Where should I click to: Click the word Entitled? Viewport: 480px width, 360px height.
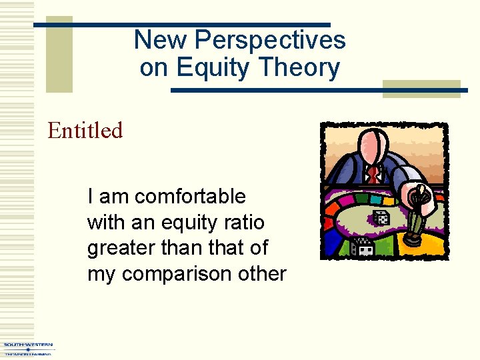(x=85, y=131)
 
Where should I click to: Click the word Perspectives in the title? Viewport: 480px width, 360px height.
(x=270, y=40)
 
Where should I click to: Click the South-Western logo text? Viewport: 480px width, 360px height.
(x=28, y=345)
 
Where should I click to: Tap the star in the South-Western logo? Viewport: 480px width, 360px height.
(x=28, y=349)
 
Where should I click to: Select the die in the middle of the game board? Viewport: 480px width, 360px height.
(x=381, y=218)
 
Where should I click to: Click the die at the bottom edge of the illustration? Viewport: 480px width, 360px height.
(x=363, y=247)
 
